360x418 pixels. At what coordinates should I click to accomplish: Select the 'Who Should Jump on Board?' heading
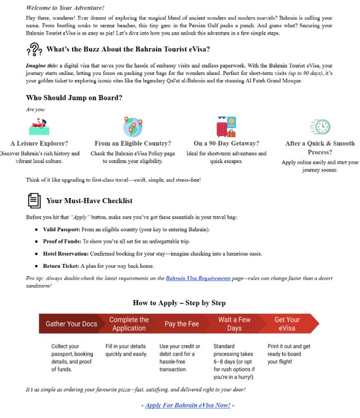click(74, 98)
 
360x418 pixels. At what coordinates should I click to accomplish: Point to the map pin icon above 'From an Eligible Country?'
click(133, 126)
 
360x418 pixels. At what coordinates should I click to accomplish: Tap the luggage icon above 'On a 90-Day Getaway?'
click(226, 127)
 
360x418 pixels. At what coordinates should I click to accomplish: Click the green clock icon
click(320, 127)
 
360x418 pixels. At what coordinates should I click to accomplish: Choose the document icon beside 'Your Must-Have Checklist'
click(34, 200)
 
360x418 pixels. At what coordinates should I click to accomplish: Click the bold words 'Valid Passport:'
click(61, 230)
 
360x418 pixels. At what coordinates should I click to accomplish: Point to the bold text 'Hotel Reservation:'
click(66, 254)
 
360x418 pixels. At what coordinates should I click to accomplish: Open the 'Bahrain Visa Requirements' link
click(198, 278)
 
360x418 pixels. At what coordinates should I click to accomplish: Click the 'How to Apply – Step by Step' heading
click(179, 303)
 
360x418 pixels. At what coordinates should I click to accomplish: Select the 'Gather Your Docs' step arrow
click(71, 323)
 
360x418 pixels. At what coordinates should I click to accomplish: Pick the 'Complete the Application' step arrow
click(129, 323)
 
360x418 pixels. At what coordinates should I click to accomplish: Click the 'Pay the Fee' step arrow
click(182, 323)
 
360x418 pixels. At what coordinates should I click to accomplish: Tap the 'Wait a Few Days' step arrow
click(234, 323)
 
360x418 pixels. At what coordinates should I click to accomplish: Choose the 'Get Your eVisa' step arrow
click(287, 323)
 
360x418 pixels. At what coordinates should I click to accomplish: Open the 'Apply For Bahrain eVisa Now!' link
click(187, 405)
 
